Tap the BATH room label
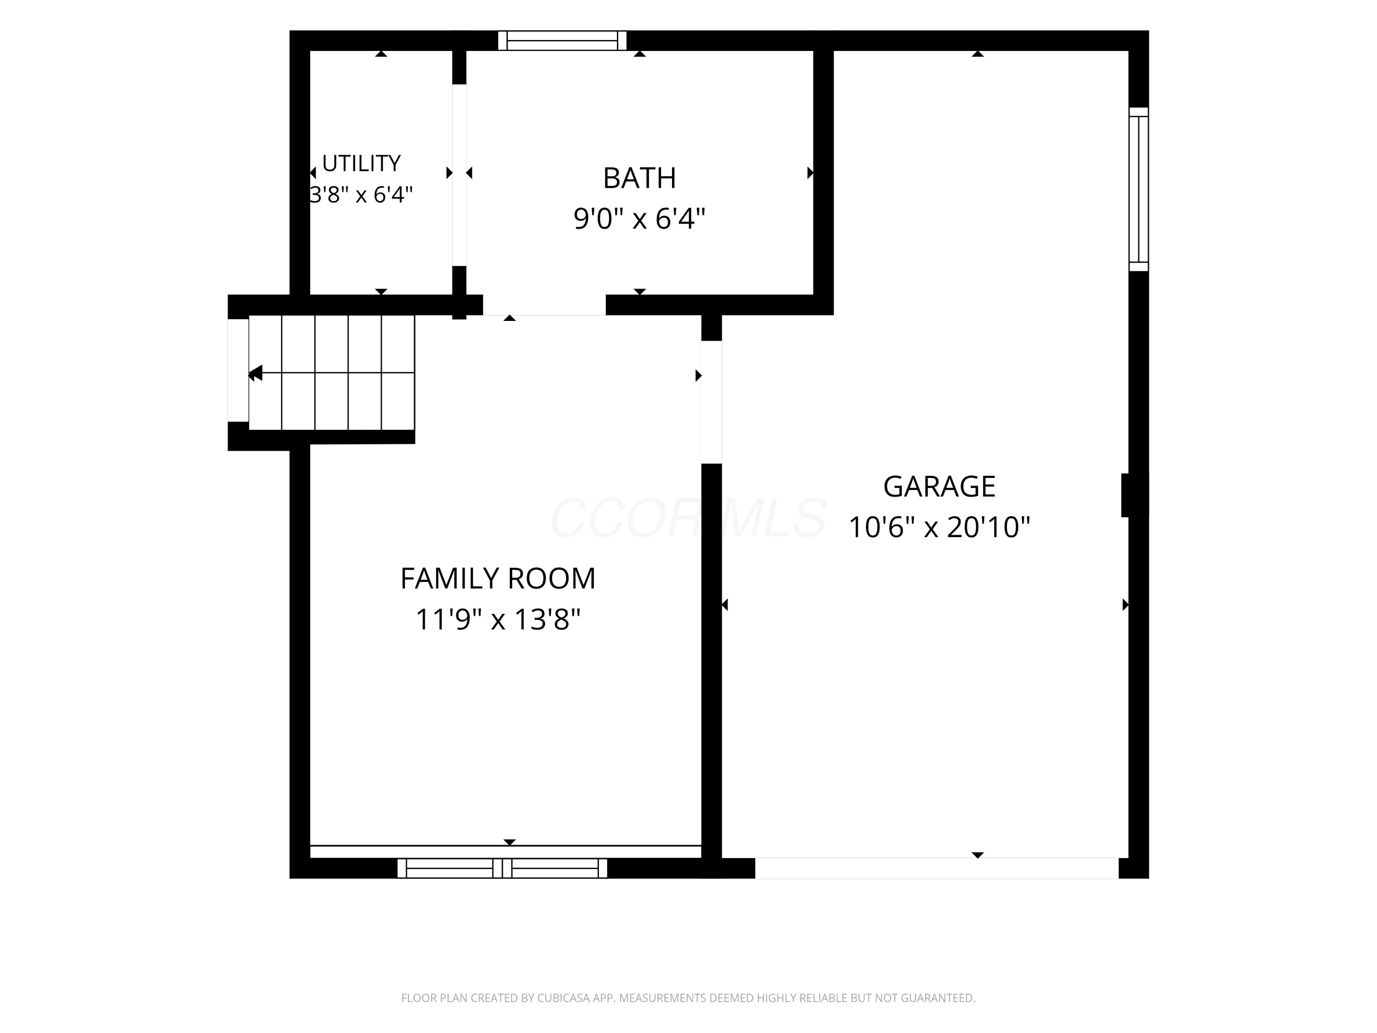pyautogui.click(x=639, y=178)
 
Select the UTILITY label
pyautogui.click(x=361, y=163)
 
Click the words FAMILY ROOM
pyautogui.click(x=498, y=578)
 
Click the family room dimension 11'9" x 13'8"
pyautogui.click(x=498, y=619)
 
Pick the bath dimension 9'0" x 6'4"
pyautogui.click(x=639, y=219)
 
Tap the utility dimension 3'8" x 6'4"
pyautogui.click(x=361, y=195)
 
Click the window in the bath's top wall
pyautogui.click(x=562, y=40)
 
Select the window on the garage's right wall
pyautogui.click(x=1139, y=189)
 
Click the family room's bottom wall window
pyautogui.click(x=502, y=868)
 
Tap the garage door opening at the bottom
pyautogui.click(x=937, y=868)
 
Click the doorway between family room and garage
pyautogui.click(x=711, y=402)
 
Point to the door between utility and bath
pyautogui.click(x=459, y=175)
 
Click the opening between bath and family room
pyautogui.click(x=544, y=305)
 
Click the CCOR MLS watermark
pyautogui.click(x=688, y=517)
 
